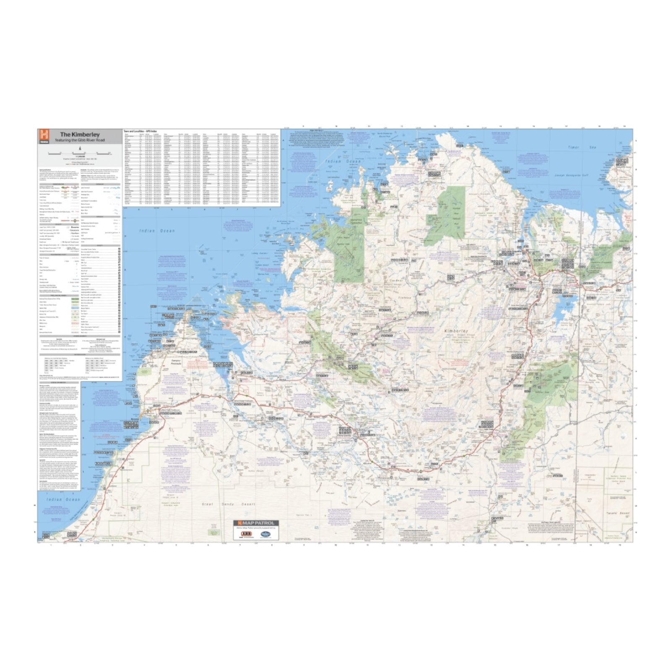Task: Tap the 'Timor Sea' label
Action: point(579,147)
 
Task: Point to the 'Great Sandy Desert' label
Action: point(218,504)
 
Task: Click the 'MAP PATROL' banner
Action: point(256,523)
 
